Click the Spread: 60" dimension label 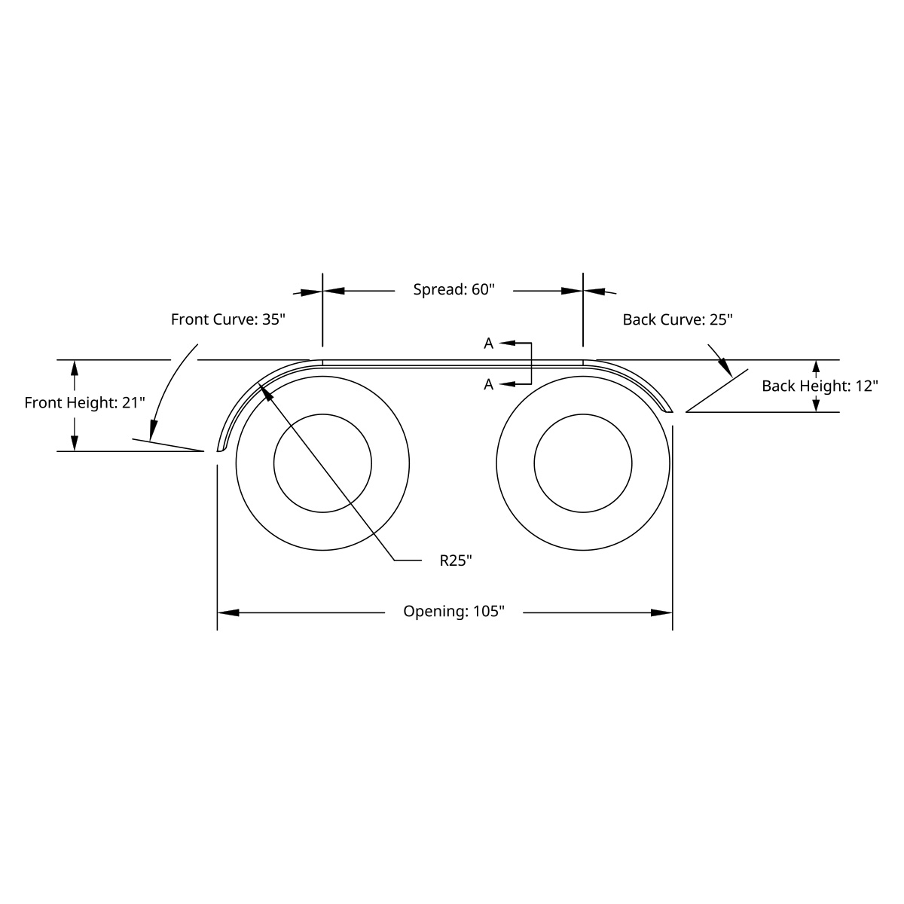(454, 289)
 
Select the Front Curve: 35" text (228, 319)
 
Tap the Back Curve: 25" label (677, 319)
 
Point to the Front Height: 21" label (84, 402)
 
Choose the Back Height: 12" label (820, 386)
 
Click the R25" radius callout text (456, 560)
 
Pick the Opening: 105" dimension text (454, 611)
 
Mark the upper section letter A (488, 344)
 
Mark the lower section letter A (488, 384)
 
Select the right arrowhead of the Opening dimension (662, 612)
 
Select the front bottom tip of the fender (221, 450)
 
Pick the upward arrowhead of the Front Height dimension (74, 369)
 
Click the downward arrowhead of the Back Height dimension (815, 404)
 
